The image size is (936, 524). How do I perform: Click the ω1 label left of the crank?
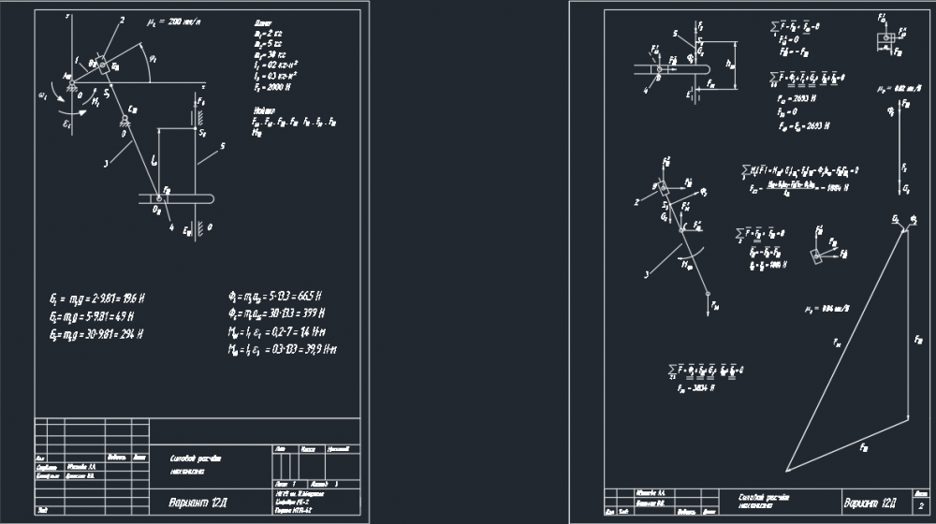(42, 94)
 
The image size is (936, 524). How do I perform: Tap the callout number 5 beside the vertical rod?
(223, 145)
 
